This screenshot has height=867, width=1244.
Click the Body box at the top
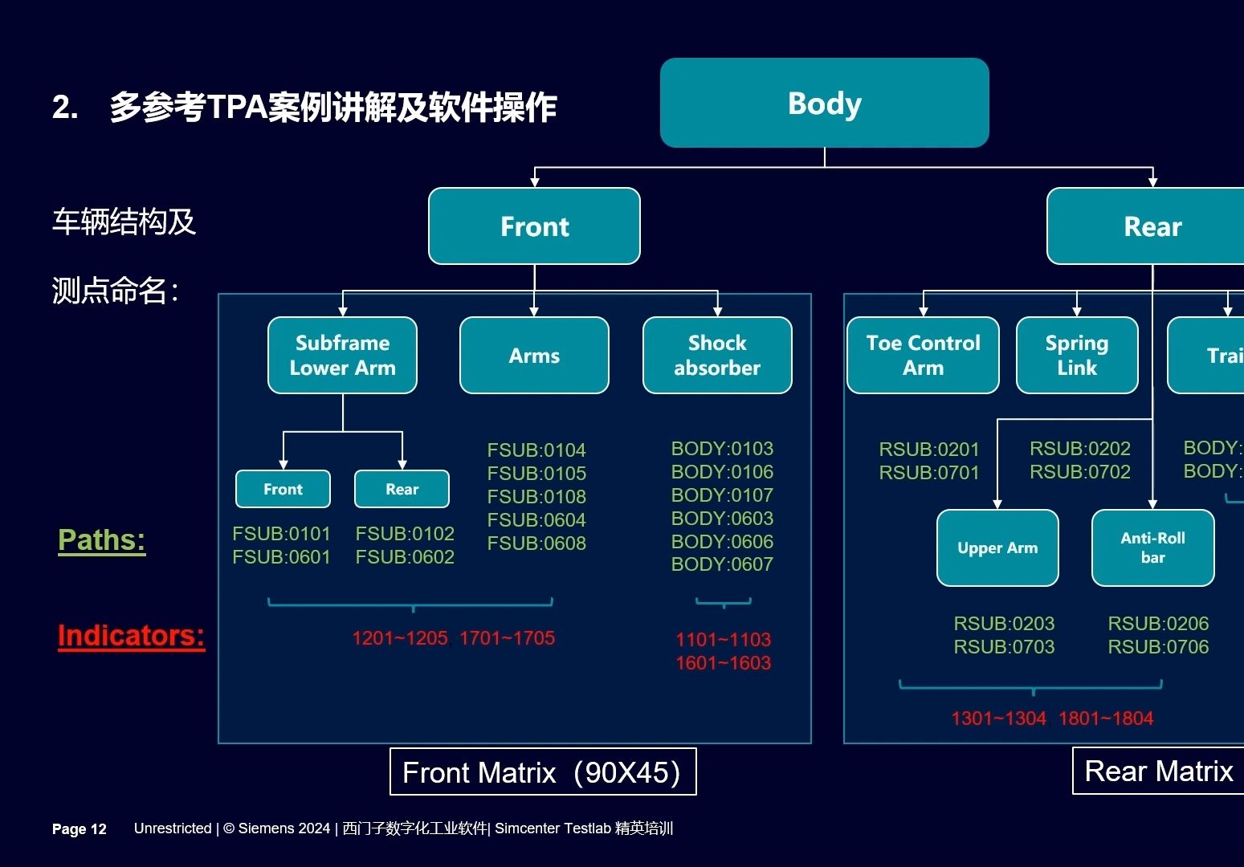824,103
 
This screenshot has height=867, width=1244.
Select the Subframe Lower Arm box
342,355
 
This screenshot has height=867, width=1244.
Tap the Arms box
534,355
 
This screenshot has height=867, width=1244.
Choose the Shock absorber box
717,355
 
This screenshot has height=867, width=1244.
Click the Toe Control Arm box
923,355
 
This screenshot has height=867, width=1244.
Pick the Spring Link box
1077,355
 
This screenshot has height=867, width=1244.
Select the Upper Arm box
997,547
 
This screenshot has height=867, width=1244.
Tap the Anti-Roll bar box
1152,547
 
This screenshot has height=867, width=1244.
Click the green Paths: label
101,540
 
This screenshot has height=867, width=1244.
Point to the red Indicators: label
131,636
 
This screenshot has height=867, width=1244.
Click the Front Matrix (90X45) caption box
542,772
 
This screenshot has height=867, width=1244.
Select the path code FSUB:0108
536,497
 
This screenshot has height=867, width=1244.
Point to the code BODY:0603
722,519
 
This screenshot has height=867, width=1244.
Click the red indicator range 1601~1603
723,663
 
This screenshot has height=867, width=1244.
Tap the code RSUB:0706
1158,647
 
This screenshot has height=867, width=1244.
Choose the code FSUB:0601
281,557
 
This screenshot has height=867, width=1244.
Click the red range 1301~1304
999,718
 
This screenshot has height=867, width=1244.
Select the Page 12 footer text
80,829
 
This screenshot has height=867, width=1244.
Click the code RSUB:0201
929,450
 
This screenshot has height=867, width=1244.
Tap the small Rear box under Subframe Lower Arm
402,489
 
